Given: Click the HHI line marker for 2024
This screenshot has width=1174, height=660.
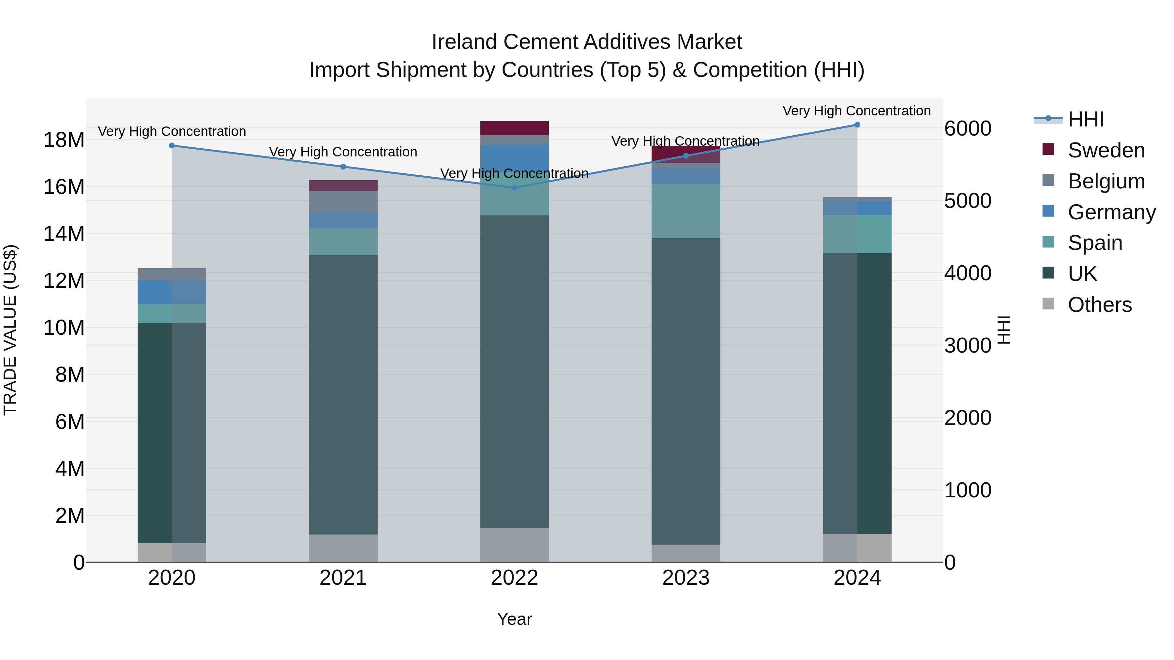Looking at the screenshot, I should click(857, 125).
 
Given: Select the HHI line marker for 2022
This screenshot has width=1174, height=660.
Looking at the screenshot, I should click(515, 188).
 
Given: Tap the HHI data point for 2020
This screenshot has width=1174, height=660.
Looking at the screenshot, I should click(172, 146).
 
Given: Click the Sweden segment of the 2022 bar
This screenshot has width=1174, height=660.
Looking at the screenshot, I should click(515, 128).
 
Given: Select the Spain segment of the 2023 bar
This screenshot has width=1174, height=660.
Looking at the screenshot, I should click(686, 211).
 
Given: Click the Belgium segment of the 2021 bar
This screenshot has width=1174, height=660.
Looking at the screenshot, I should click(343, 201).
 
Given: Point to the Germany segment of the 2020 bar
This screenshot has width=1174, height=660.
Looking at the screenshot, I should click(172, 292).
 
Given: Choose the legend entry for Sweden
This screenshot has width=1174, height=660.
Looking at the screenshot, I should click(1106, 150).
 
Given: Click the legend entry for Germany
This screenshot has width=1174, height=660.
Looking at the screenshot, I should click(1111, 212).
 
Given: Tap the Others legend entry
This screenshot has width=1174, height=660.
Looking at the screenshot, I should click(1099, 305).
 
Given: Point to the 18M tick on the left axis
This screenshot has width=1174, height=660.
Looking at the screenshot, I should click(64, 140).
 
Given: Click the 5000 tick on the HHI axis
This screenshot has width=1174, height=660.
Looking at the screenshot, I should click(968, 201).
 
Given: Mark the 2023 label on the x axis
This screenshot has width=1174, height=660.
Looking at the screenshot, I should click(686, 578).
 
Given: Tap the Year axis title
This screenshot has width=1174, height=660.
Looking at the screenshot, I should click(515, 619).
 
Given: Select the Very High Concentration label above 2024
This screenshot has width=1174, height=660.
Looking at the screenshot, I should click(857, 111).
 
